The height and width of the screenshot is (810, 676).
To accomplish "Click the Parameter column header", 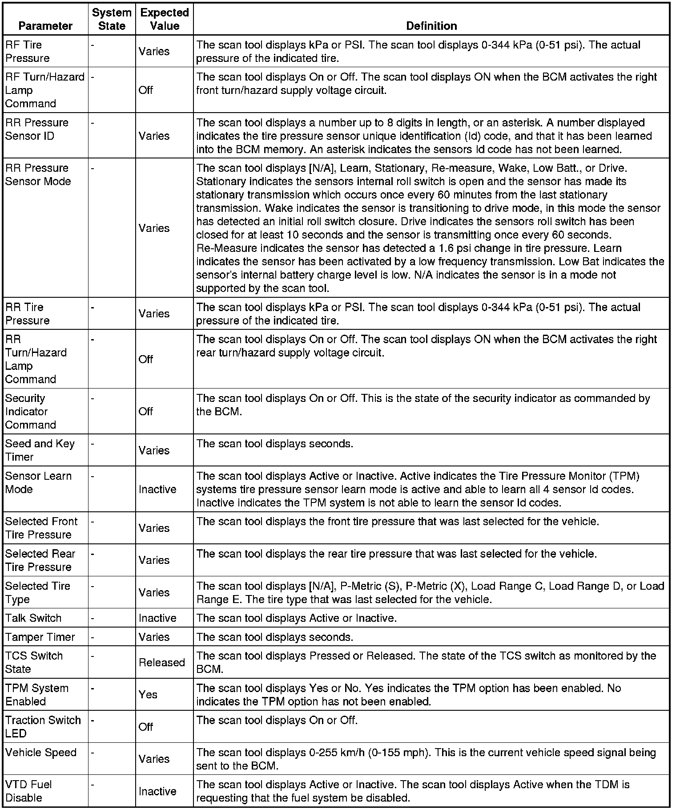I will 45,26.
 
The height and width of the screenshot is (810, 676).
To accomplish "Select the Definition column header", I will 431,26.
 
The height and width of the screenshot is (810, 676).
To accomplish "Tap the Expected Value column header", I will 165,19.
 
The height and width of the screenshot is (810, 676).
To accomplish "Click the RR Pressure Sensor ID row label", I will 37,129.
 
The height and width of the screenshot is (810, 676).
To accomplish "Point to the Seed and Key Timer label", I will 40,450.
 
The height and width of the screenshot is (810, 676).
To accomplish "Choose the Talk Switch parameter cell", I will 33,618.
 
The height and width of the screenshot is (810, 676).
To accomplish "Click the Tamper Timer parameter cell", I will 40,637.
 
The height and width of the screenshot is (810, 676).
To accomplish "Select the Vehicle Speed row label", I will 41,752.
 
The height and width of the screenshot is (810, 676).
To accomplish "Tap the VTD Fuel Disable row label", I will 28,791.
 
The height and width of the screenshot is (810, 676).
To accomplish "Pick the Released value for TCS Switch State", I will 162,662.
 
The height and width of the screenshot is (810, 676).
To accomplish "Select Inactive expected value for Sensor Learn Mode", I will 157,489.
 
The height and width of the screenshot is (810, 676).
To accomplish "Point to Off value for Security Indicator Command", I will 146,411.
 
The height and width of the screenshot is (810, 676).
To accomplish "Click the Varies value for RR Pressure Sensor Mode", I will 154,228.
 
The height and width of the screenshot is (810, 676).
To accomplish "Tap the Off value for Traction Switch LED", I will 146,727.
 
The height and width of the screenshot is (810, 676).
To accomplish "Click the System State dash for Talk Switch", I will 93,618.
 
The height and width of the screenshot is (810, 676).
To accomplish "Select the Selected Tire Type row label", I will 38,592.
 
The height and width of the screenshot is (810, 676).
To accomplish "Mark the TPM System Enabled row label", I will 37,694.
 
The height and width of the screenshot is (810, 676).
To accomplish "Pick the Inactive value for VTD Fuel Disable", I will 157,791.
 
